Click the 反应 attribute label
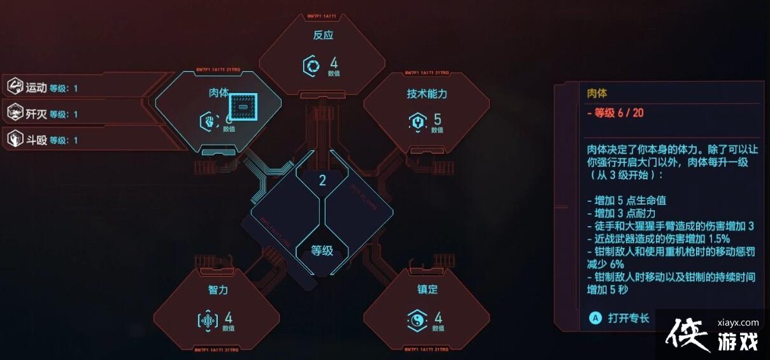323,35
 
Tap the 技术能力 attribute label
427,94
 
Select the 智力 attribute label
218,289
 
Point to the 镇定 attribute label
427,289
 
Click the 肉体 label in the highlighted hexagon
218,92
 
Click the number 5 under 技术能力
437,119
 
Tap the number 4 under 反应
334,62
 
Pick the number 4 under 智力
228,317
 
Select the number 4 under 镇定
438,317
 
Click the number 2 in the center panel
322,180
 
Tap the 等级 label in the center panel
322,250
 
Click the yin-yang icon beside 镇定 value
415,320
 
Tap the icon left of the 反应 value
311,66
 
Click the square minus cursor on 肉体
243,108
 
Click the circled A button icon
595,317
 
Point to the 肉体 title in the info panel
597,93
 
